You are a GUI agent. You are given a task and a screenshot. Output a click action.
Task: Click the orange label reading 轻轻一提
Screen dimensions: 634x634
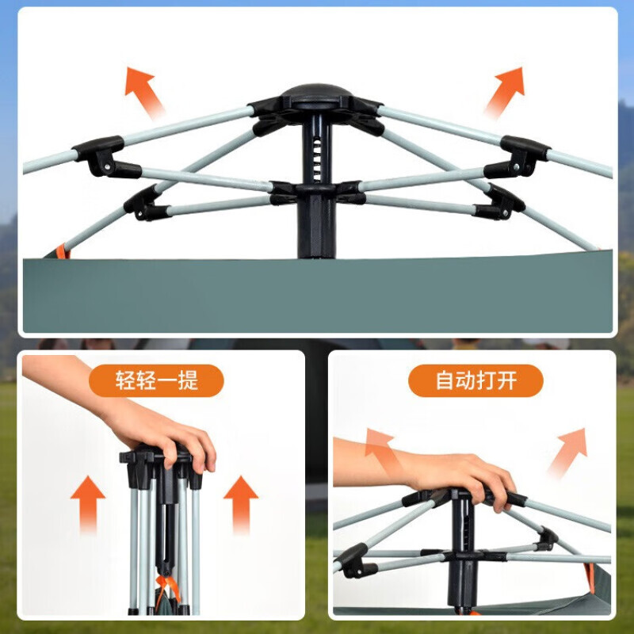(x=156, y=380)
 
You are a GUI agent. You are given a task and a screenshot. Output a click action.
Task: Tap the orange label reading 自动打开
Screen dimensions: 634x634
(x=475, y=380)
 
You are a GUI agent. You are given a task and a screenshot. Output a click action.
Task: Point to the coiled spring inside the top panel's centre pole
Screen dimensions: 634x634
(x=317, y=158)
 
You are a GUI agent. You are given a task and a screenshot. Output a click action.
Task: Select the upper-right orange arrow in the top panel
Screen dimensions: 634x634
(x=506, y=91)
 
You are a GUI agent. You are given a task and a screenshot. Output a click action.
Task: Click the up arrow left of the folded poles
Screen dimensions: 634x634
(x=88, y=503)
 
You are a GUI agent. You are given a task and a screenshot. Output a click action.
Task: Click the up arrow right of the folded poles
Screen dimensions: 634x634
(x=241, y=503)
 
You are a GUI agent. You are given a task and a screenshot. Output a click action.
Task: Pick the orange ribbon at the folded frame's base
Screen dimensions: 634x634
(x=168, y=590)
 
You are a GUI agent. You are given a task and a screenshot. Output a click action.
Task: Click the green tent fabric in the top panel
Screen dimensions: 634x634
(x=318, y=294)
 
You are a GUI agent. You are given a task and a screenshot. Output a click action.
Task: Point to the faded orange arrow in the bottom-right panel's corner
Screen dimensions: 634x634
(x=569, y=451)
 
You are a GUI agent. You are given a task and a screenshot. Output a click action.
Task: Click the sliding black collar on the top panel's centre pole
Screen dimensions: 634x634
(x=316, y=192)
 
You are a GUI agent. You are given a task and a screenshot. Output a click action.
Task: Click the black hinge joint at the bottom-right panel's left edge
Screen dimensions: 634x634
(x=354, y=561)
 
